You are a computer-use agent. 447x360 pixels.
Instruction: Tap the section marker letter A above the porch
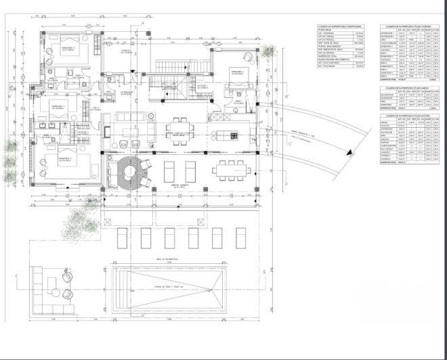(146, 22)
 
